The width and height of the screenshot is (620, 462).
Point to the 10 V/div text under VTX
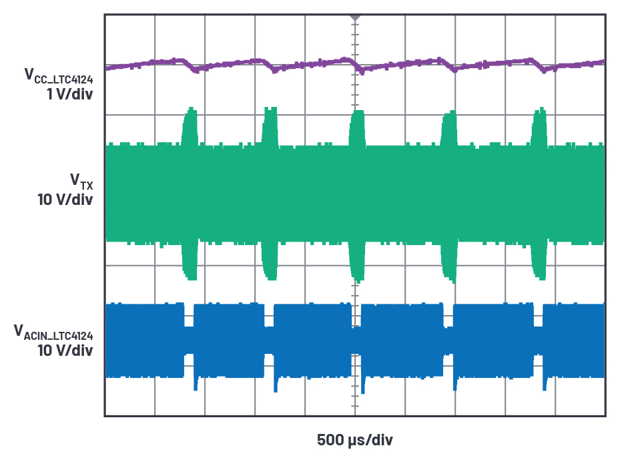(65, 198)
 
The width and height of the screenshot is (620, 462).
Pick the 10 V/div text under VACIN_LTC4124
(65, 350)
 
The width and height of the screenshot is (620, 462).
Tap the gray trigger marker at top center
(355, 15)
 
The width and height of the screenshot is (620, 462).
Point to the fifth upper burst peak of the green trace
(539, 112)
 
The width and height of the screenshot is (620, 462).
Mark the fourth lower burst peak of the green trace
(447, 277)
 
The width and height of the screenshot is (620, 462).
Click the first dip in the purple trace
(195, 69)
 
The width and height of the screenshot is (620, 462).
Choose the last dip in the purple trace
(547, 70)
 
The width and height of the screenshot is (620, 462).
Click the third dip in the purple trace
(361, 69)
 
